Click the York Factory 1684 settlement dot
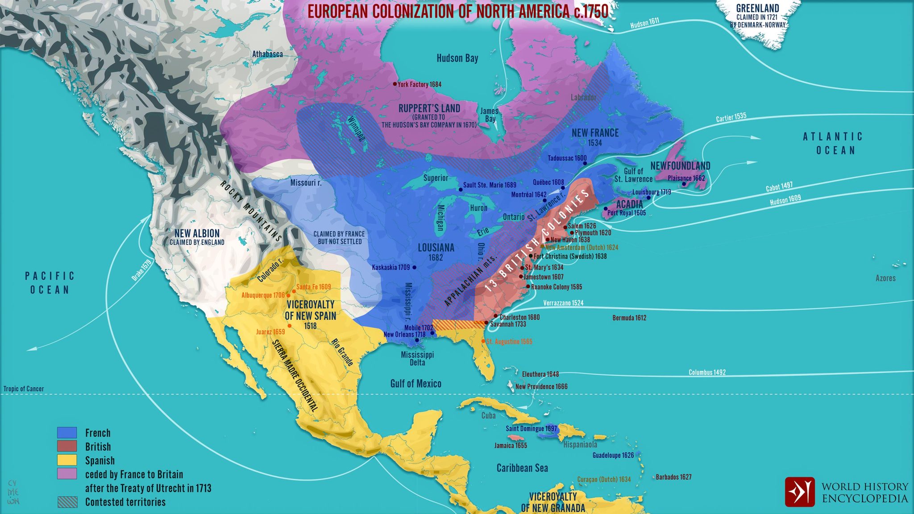tap(395, 84)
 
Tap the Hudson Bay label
tap(457, 58)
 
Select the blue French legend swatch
tap(67, 432)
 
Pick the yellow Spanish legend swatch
tap(67, 460)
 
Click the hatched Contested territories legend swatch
tap(67, 502)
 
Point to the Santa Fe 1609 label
tap(314, 287)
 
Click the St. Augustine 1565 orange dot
tap(483, 341)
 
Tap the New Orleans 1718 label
tap(404, 335)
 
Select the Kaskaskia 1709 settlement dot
tap(414, 267)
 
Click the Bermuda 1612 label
tap(629, 318)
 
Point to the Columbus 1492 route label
tap(707, 372)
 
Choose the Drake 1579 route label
tap(141, 270)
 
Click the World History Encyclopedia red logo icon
tap(800, 492)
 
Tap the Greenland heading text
tap(757, 8)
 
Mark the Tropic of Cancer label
tap(24, 389)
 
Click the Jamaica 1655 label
tap(511, 445)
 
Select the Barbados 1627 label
tap(673, 477)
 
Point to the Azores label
tap(885, 278)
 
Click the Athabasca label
tap(267, 54)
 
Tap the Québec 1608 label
tap(548, 182)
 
